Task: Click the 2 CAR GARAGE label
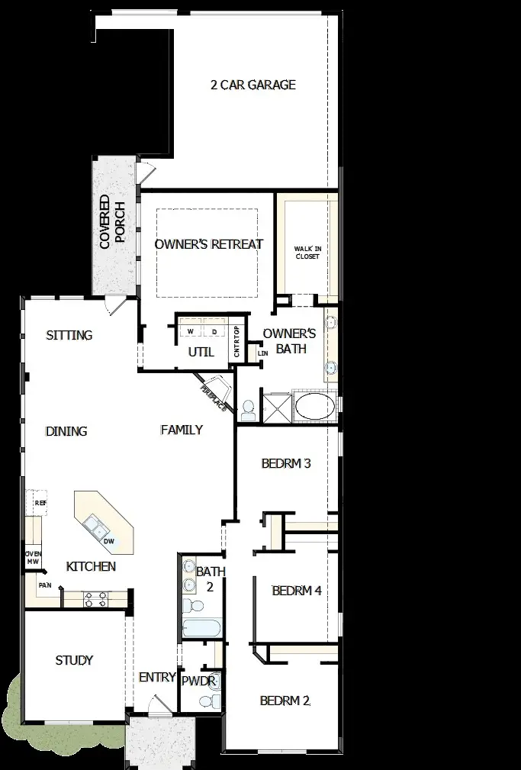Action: tap(252, 85)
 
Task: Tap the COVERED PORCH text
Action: tap(111, 222)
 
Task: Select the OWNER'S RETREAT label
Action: tap(208, 244)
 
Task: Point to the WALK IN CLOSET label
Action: tap(307, 253)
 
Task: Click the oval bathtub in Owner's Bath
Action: tap(314, 406)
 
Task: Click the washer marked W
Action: tap(191, 332)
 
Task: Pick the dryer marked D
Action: tap(214, 332)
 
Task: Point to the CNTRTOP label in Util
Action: tap(237, 342)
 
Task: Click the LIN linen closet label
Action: tap(263, 353)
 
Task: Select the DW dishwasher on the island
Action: tap(109, 541)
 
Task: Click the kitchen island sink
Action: tap(97, 525)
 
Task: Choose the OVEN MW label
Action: tap(33, 558)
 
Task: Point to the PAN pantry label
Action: tap(44, 585)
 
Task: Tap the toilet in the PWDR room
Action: tap(214, 698)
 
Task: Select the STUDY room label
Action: tap(75, 660)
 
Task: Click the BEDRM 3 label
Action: tap(286, 463)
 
